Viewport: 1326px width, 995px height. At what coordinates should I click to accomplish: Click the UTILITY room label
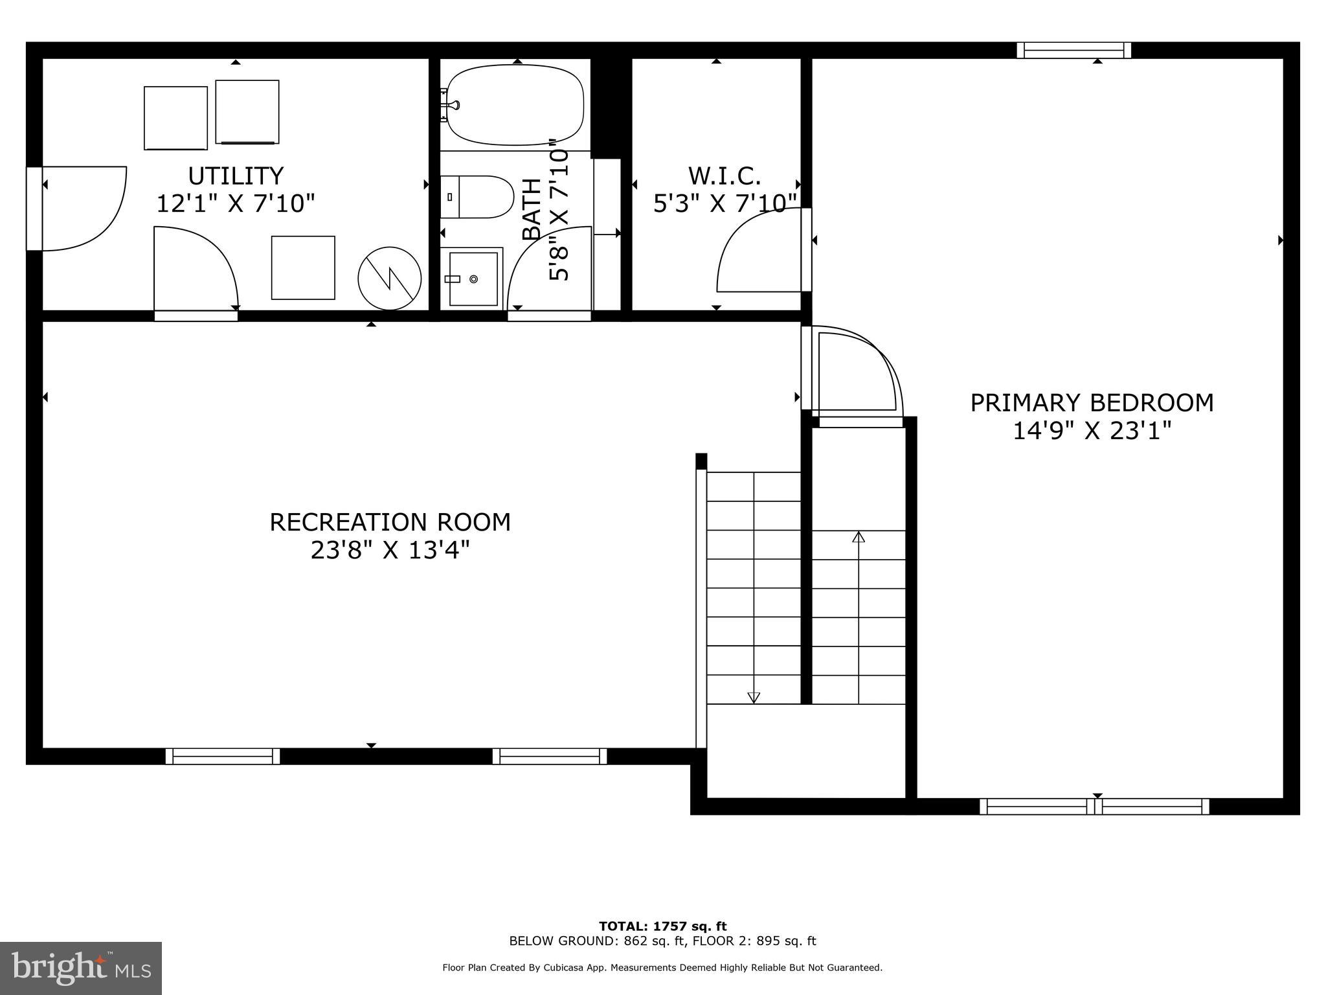pyautogui.click(x=236, y=176)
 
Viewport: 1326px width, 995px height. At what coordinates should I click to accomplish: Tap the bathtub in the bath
pyautogui.click(x=515, y=105)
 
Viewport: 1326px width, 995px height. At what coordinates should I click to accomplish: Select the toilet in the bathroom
pyautogui.click(x=478, y=197)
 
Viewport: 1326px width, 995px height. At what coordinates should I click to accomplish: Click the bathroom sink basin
pyautogui.click(x=473, y=279)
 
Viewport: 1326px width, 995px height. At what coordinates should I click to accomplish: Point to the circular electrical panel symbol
pyautogui.click(x=390, y=279)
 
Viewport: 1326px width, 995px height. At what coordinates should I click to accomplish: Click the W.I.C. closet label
pyautogui.click(x=724, y=176)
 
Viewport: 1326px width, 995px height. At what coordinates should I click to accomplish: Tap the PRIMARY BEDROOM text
pyautogui.click(x=1092, y=403)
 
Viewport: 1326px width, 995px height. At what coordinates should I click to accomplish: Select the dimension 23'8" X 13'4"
pyautogui.click(x=390, y=551)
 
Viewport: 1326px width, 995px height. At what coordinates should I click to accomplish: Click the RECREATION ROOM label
pyautogui.click(x=390, y=522)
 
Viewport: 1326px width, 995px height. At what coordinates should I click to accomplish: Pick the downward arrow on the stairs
pyautogui.click(x=753, y=697)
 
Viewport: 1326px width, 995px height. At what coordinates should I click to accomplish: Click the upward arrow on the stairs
pyautogui.click(x=859, y=537)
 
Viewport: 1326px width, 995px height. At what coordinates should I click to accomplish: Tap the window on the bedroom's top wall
pyautogui.click(x=1073, y=51)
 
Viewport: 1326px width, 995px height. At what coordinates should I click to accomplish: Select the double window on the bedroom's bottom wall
pyautogui.click(x=1094, y=806)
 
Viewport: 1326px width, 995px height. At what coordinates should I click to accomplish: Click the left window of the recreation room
pyautogui.click(x=223, y=756)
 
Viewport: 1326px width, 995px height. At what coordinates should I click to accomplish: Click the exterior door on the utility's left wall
pyautogui.click(x=34, y=209)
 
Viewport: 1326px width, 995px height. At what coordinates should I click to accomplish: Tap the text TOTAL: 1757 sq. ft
pyautogui.click(x=662, y=926)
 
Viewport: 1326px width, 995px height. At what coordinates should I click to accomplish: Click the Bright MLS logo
pyautogui.click(x=81, y=968)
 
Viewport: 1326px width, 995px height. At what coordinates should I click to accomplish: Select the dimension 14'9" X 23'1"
pyautogui.click(x=1092, y=431)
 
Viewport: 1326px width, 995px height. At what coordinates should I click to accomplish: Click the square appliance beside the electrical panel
pyautogui.click(x=303, y=268)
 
